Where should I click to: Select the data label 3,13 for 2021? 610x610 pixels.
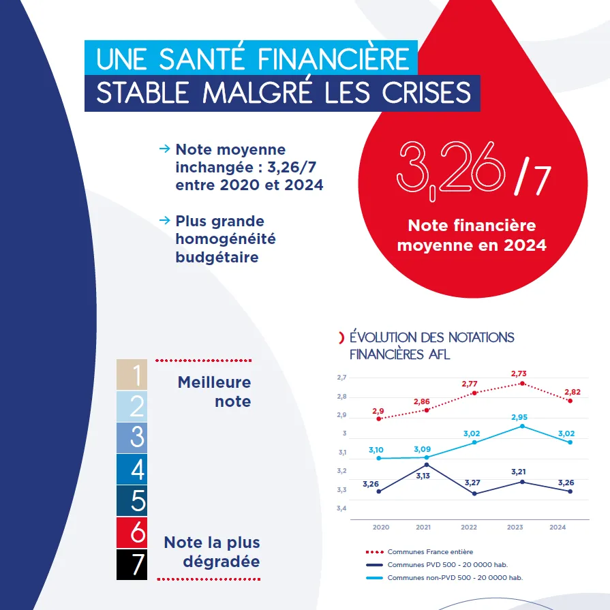click(x=423, y=476)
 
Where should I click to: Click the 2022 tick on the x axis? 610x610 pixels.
click(x=469, y=527)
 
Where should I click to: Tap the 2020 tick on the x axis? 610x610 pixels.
click(x=381, y=527)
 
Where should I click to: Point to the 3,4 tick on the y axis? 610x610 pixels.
click(x=341, y=508)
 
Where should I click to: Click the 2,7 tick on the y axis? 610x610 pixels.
click(x=341, y=378)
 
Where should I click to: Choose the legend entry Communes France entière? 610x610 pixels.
click(x=430, y=551)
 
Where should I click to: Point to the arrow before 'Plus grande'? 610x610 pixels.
click(x=164, y=220)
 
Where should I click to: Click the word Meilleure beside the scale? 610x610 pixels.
click(x=214, y=382)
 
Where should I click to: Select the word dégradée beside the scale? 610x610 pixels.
click(x=222, y=562)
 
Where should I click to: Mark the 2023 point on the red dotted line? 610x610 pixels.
click(x=522, y=384)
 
